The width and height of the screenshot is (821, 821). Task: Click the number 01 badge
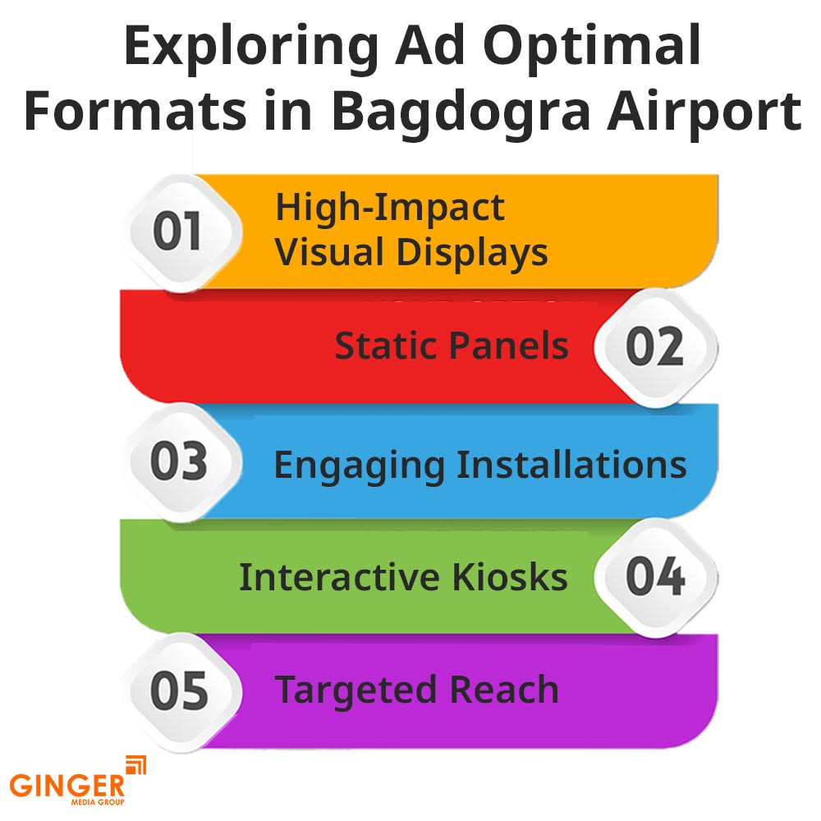tap(178, 232)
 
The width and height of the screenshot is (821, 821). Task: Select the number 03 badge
tap(178, 463)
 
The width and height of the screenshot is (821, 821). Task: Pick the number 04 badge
tap(654, 577)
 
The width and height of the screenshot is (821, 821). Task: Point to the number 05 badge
tap(178, 692)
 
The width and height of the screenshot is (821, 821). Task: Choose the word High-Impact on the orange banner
tap(389, 209)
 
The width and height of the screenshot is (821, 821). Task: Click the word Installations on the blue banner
tap(571, 464)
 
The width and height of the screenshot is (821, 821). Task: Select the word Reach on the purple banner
tap(510, 690)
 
